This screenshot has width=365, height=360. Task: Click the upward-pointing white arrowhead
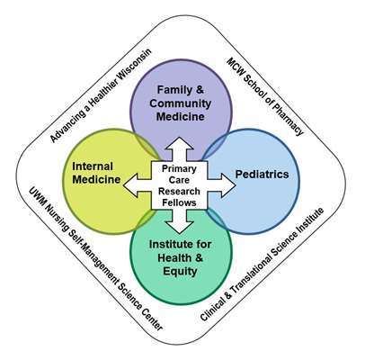pyautogui.click(x=180, y=143)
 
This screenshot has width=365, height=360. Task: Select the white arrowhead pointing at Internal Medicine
pyautogui.click(x=130, y=185)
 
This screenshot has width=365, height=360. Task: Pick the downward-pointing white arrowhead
pyautogui.click(x=180, y=228)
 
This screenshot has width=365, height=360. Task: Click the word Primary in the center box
pyautogui.click(x=179, y=168)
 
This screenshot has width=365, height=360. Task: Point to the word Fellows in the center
pyautogui.click(x=179, y=202)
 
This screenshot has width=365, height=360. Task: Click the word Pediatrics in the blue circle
pyautogui.click(x=262, y=175)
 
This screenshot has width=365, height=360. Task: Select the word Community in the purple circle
pyautogui.click(x=180, y=103)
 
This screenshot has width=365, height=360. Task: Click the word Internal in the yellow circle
pyautogui.click(x=93, y=166)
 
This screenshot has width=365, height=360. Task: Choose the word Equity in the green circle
pyautogui.click(x=180, y=271)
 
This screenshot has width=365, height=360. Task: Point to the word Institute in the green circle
pyautogui.click(x=169, y=244)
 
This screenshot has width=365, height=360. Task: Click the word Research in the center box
pyautogui.click(x=179, y=191)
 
